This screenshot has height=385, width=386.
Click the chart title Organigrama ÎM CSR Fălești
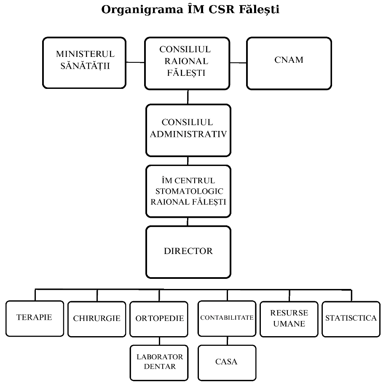point(190,10)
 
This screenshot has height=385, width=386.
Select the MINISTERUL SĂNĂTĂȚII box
point(85,63)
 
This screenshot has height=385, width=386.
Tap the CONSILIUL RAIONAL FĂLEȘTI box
point(188,63)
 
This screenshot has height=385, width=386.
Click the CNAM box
point(289,63)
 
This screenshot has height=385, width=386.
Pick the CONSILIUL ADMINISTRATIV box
point(188,130)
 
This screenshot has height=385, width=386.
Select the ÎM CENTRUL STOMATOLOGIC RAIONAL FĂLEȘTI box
point(188,192)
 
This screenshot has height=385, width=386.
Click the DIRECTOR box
point(188,252)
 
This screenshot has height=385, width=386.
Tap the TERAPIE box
point(34,318)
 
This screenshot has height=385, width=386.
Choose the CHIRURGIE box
point(97,319)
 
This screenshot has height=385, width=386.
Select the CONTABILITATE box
point(227,318)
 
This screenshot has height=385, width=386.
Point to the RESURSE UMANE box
point(289,319)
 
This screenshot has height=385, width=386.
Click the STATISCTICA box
point(351,318)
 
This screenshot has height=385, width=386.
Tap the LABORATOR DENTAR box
point(159,361)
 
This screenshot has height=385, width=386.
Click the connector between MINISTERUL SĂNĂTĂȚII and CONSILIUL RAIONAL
point(135,62)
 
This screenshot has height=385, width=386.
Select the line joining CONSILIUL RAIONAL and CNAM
point(238,63)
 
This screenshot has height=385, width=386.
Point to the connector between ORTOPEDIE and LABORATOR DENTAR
point(159,341)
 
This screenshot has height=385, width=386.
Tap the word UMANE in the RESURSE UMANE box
point(289,324)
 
